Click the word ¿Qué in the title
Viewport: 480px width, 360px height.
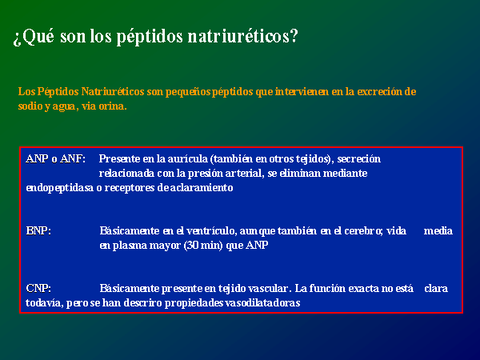pos(34,37)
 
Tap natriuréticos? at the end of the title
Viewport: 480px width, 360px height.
pos(242,36)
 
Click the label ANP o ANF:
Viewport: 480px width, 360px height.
pos(56,159)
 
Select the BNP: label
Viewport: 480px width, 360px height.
pos(38,230)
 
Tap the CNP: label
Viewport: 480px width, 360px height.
pos(38,288)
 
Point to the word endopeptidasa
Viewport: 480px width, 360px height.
pos(60,188)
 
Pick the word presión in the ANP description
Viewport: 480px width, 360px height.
pos(205,174)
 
